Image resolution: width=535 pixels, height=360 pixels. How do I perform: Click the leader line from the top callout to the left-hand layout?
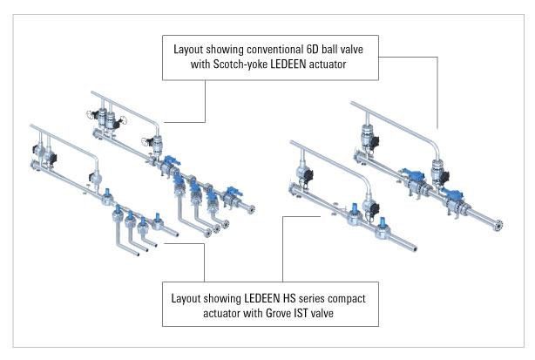pos(205,100)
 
